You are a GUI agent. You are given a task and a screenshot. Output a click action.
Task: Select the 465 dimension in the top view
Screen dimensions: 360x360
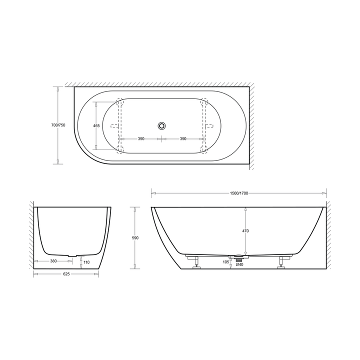[x=96, y=125]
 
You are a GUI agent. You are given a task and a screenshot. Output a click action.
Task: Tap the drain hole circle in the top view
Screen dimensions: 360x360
[x=162, y=125]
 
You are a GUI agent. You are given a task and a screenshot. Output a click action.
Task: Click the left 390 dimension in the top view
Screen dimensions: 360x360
[x=141, y=139]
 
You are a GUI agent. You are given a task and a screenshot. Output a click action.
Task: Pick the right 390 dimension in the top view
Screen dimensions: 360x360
[x=183, y=139]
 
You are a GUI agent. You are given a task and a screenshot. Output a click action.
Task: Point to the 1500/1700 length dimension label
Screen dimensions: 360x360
[x=239, y=193]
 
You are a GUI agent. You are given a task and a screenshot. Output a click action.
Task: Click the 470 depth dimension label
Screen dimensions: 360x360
[x=245, y=231]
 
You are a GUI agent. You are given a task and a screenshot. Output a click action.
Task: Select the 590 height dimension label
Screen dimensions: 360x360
[x=135, y=238]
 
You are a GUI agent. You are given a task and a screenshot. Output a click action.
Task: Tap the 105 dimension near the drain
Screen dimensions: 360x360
[x=225, y=261]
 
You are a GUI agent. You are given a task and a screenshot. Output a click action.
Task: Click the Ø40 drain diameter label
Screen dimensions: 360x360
[x=239, y=265]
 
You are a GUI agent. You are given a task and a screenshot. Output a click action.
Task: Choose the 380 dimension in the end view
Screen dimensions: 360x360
[x=53, y=261]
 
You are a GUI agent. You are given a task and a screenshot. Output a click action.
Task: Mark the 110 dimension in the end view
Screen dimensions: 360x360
[x=86, y=262]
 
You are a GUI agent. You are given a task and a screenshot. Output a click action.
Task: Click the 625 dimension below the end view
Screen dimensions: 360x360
[x=66, y=274]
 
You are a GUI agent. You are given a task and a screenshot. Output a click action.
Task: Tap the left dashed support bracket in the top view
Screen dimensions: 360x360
[x=119, y=125]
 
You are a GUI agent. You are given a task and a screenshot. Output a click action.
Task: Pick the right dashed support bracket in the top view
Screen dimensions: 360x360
[x=204, y=125]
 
